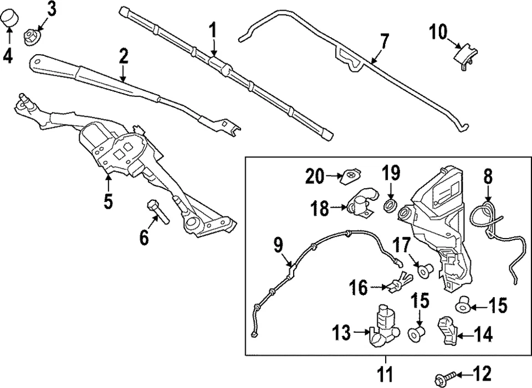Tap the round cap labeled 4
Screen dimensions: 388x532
click(9, 20)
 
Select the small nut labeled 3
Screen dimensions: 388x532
click(32, 37)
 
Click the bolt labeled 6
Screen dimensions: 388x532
click(156, 211)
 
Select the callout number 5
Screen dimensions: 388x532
click(108, 200)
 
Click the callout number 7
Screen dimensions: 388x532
click(384, 41)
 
